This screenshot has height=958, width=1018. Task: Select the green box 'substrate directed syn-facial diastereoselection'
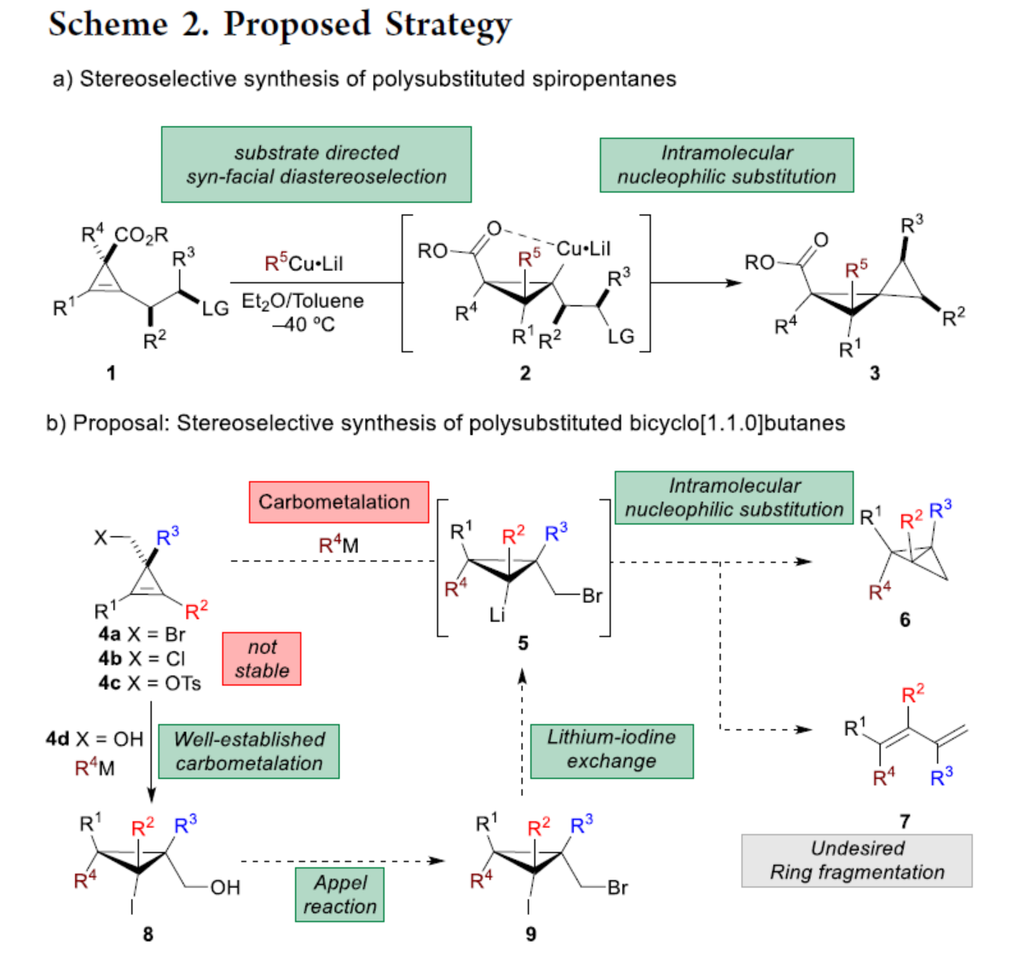pos(316,164)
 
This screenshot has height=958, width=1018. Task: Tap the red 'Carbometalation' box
pos(334,502)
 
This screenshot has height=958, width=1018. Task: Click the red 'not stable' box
pos(262,659)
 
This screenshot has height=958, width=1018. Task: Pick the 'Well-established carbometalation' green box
pos(249,751)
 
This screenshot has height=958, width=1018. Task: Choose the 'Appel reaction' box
pos(339,894)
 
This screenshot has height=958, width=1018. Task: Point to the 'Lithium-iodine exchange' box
pos(611,749)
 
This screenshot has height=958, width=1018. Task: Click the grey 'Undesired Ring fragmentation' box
pos(857,861)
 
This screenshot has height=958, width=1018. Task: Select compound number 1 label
pos(111,372)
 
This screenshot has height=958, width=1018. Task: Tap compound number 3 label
pos(874,372)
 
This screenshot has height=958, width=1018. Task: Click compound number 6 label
pos(905,620)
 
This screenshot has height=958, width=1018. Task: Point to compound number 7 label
pos(905,821)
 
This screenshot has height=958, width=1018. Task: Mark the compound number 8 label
pos(147,934)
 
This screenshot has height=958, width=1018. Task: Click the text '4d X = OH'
pos(95,739)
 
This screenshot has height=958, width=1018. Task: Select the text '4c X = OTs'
pos(149,683)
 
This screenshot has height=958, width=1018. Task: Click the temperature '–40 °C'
pos(304,325)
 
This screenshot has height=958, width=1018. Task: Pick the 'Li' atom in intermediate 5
pos(499,614)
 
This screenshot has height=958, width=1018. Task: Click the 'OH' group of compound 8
pos(225,887)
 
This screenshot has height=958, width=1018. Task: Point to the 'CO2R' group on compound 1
pos(142,234)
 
